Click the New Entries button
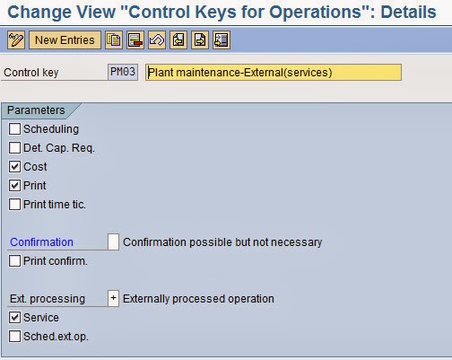pyautogui.click(x=65, y=40)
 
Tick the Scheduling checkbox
pyautogui.click(x=14, y=129)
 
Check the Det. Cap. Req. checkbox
pyautogui.click(x=14, y=148)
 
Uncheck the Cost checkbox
pyautogui.click(x=14, y=167)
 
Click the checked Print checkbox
pyautogui.click(x=14, y=186)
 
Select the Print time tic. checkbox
pyautogui.click(x=14, y=205)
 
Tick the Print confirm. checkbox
pyautogui.click(x=14, y=261)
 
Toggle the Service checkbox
pyautogui.click(x=14, y=318)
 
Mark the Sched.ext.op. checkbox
pyautogui.click(x=14, y=337)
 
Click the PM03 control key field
pyautogui.click(x=122, y=73)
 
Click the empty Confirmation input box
pyautogui.click(x=113, y=242)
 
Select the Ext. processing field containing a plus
pyautogui.click(x=113, y=299)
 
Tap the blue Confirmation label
pyautogui.click(x=41, y=242)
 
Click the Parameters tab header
pyautogui.click(x=38, y=110)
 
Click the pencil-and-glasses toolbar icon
pyautogui.click(x=15, y=40)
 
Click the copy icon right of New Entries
pyautogui.click(x=114, y=40)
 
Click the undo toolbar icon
pyautogui.click(x=157, y=40)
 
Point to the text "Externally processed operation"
pyautogui.click(x=198, y=299)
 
